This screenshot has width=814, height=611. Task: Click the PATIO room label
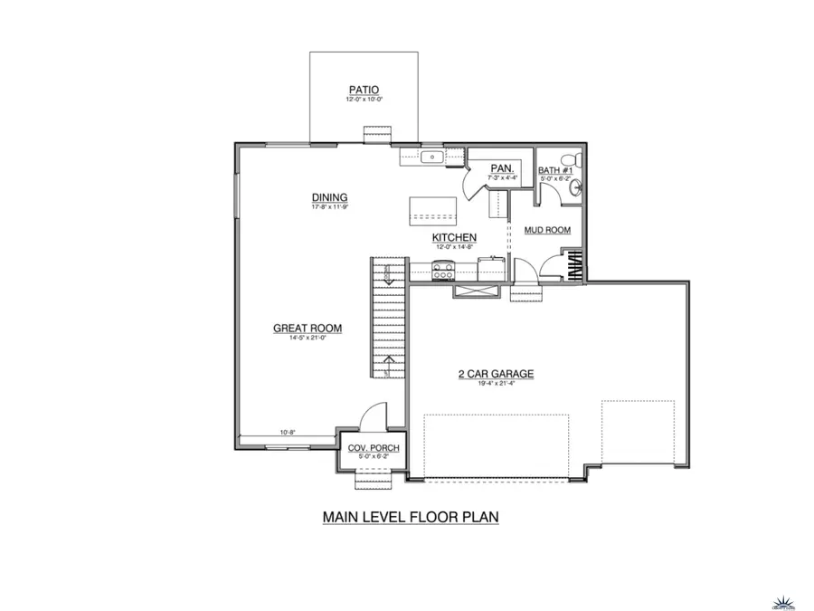click(364, 89)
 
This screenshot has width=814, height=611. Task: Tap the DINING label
click(330, 197)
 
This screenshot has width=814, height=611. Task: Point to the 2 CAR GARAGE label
click(497, 373)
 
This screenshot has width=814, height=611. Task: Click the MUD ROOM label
click(547, 230)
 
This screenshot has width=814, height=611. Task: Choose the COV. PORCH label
click(374, 448)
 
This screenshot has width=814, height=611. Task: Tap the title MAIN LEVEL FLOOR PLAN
click(411, 517)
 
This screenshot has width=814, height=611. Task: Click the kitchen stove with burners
click(443, 269)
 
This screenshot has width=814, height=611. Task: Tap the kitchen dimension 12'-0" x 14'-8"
click(454, 246)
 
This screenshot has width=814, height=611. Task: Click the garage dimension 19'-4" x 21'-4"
click(497, 383)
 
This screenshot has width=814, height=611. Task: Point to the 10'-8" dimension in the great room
click(288, 434)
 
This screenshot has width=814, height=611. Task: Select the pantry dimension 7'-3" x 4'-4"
click(502, 177)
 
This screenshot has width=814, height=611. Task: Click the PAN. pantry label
click(502, 168)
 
